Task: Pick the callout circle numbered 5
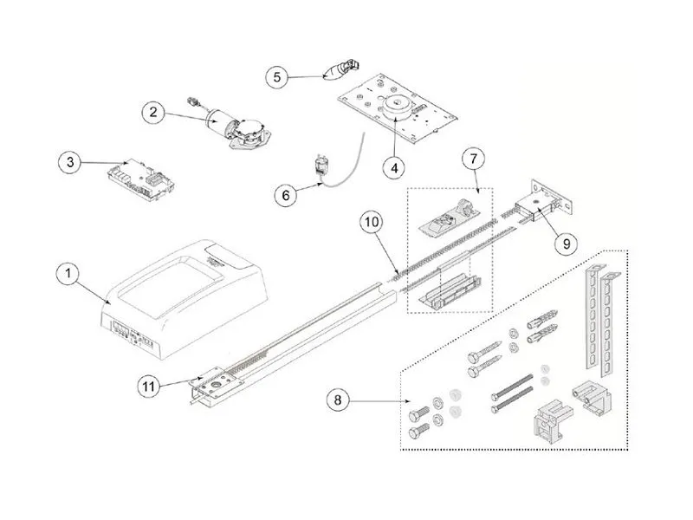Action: tap(277, 77)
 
